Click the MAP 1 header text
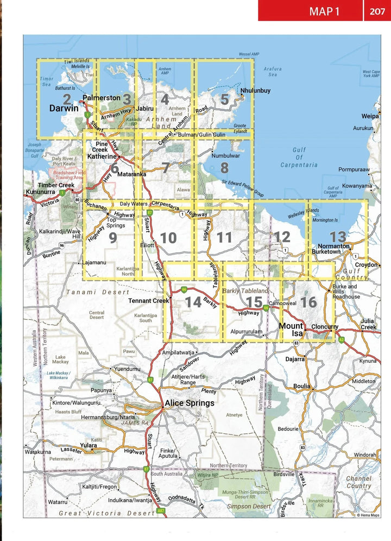[324, 11]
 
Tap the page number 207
[377, 11]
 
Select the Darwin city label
[64, 108]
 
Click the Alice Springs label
[190, 403]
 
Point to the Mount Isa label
[291, 329]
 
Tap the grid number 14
[193, 302]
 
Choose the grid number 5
[224, 100]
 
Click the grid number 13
[338, 237]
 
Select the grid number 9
[112, 238]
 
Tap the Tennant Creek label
[149, 301]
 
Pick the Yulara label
[89, 445]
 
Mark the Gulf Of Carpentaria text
[299, 157]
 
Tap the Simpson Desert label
[246, 506]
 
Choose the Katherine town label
[103, 156]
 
